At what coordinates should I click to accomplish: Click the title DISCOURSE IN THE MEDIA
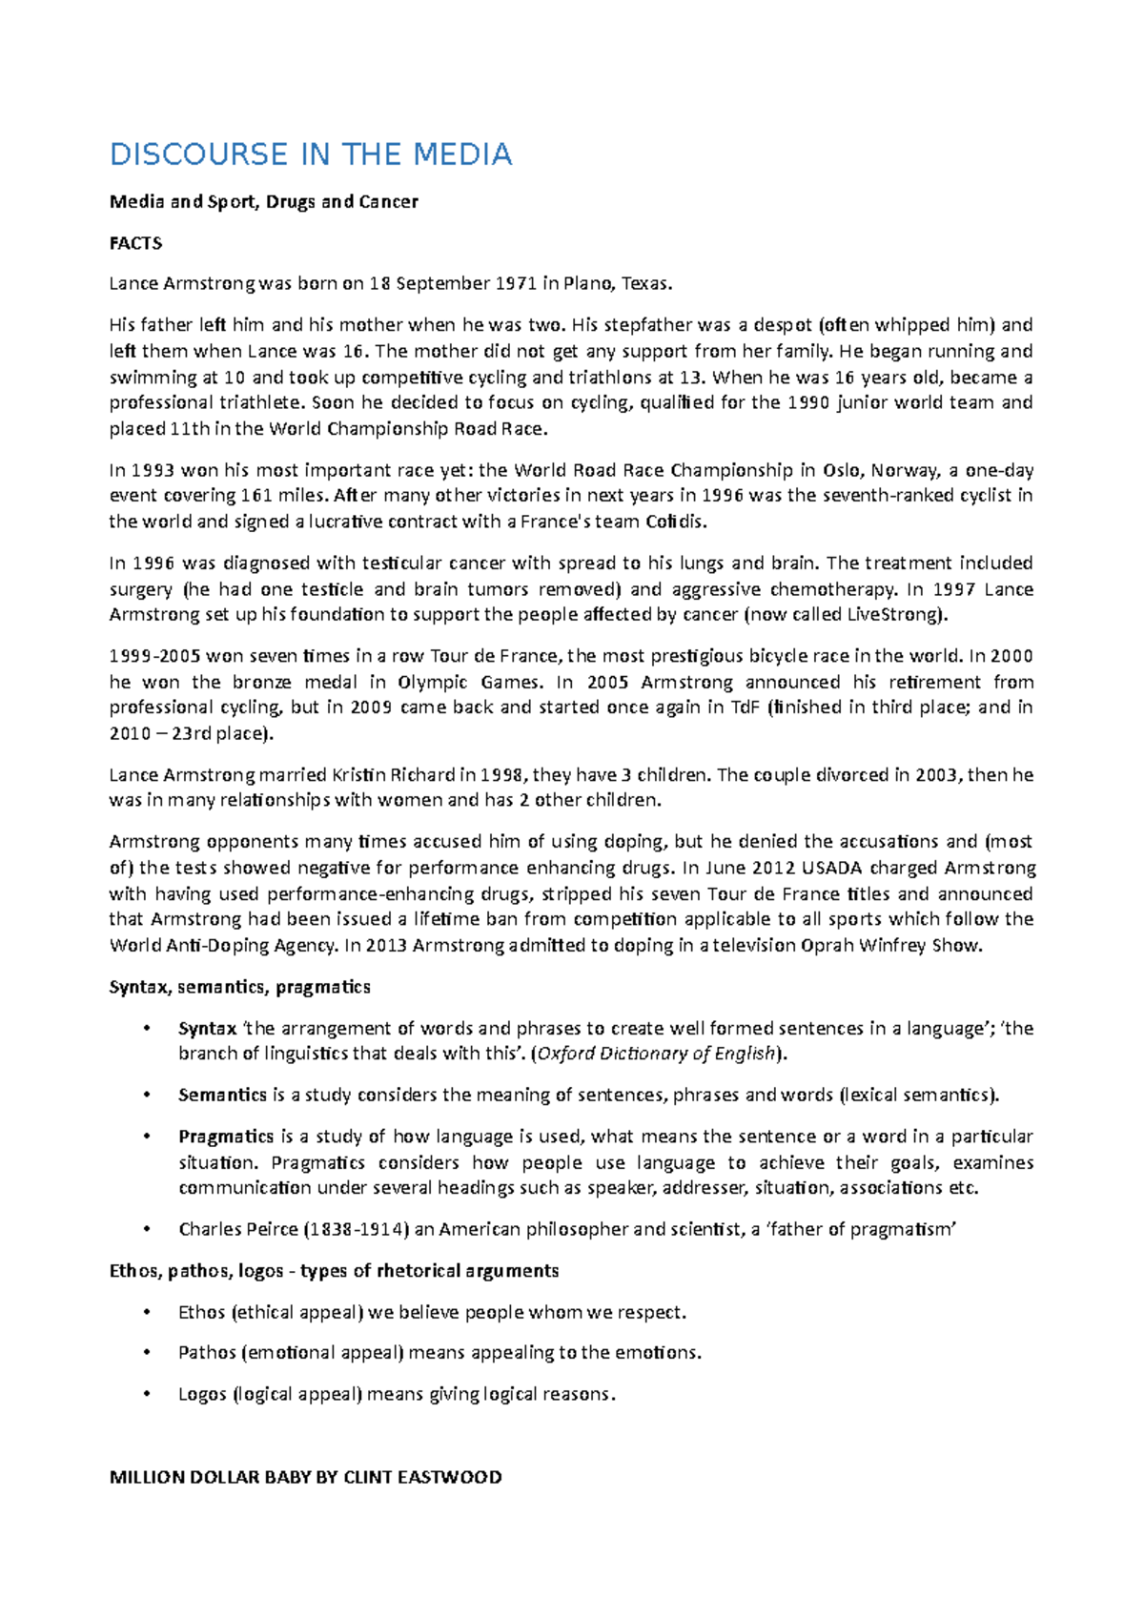point(311,154)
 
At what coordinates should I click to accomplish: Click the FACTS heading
point(135,243)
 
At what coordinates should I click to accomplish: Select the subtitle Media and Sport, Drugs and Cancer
point(264,201)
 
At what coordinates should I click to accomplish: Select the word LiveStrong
point(895,614)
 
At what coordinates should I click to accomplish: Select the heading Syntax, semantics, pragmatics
point(240,987)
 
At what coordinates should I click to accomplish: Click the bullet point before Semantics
point(146,1096)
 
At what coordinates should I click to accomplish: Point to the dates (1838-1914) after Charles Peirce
point(356,1229)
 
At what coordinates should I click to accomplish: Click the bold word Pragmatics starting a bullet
point(226,1137)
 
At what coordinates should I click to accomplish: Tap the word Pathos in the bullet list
point(207,1353)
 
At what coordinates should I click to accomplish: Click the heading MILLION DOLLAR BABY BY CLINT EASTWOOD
point(305,1477)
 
